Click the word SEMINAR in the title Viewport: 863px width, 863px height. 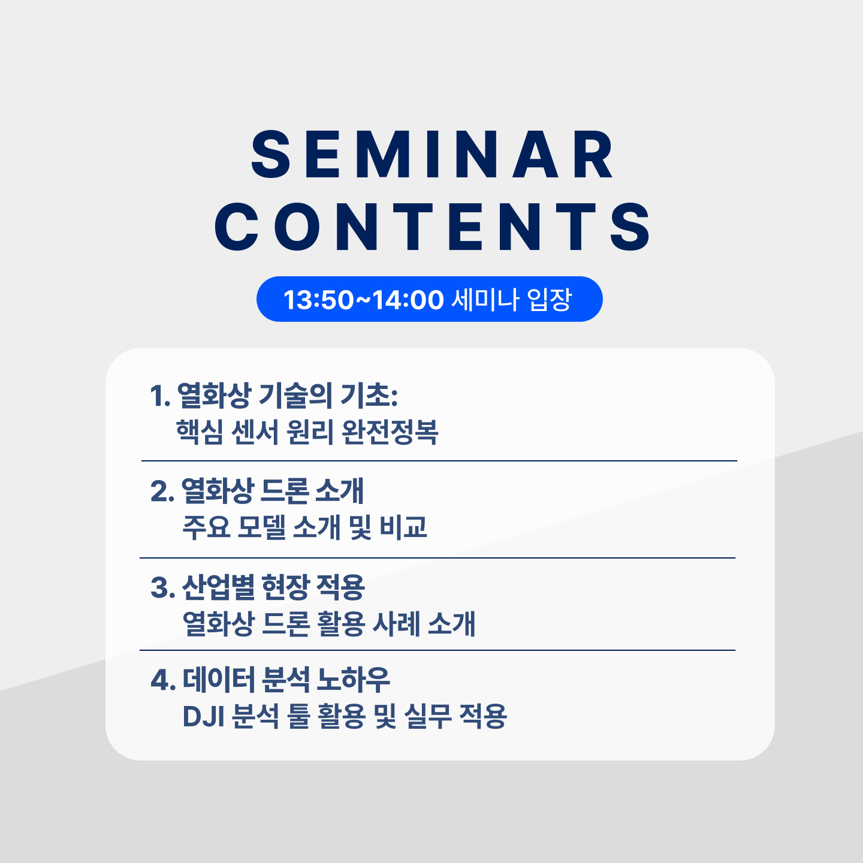(x=432, y=155)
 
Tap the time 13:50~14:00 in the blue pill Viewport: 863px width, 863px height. (x=364, y=300)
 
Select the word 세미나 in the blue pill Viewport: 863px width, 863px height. (x=485, y=299)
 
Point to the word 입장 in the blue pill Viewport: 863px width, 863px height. (x=550, y=299)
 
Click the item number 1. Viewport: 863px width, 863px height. (x=160, y=396)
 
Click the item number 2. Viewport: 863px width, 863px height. (x=162, y=491)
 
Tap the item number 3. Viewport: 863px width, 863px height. (x=162, y=587)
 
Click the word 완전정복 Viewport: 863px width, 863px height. (x=390, y=432)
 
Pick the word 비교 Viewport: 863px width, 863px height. (x=403, y=527)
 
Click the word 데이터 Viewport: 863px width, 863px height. (x=219, y=680)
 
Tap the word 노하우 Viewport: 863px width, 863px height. (x=354, y=680)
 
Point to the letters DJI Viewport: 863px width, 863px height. (x=203, y=717)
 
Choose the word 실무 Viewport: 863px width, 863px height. (x=428, y=717)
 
